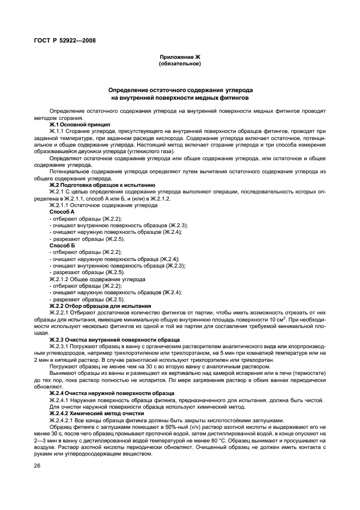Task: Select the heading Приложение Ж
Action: coord(180,57)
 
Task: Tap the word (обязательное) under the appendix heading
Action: coord(180,64)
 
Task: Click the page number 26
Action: coord(38,466)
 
